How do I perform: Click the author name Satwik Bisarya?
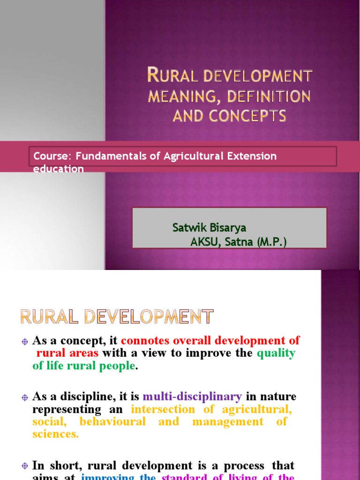(209, 228)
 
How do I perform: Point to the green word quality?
(276, 353)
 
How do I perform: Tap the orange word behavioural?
(112, 421)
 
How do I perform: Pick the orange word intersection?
(163, 409)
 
